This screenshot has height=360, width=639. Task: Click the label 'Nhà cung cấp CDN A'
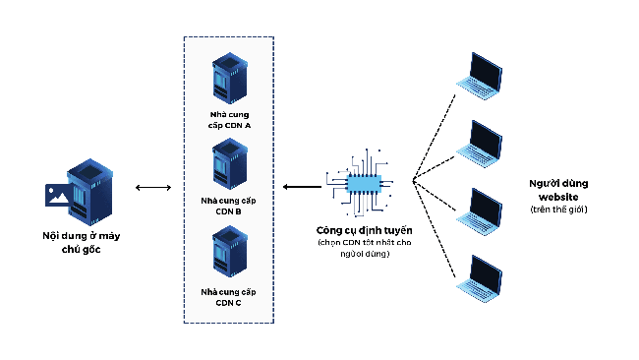click(228, 121)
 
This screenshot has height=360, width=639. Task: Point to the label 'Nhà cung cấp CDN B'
click(228, 208)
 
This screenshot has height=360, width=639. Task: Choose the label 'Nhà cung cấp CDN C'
click(228, 297)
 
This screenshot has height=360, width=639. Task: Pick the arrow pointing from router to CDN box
click(300, 186)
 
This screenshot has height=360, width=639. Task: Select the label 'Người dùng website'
click(557, 190)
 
